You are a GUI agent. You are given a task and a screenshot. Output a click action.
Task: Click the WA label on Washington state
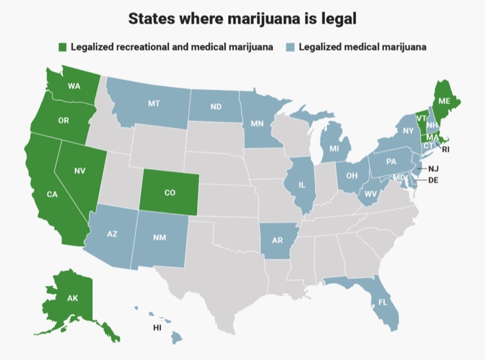point(73,87)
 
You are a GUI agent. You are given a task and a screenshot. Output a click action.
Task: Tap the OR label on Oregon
point(63,121)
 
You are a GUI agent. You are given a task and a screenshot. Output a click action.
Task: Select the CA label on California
point(52,194)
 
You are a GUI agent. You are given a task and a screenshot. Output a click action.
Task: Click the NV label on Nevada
point(80,171)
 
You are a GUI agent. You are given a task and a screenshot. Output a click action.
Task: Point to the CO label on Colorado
point(170,193)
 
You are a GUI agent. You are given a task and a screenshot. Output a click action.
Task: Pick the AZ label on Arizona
point(112,234)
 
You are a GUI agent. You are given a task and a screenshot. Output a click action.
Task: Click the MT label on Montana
point(154,104)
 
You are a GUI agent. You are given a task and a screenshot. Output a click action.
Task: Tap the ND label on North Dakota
point(216,107)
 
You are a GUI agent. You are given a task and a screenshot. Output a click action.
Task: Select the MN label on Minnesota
point(257,123)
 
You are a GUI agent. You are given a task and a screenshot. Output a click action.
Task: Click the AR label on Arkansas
point(277,241)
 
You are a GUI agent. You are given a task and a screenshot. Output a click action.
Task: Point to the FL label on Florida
point(382,303)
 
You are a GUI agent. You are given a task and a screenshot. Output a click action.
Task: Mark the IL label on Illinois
point(302,186)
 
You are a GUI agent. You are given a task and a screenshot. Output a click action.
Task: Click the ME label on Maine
point(444,101)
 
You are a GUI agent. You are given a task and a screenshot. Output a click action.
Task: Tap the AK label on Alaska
point(72,298)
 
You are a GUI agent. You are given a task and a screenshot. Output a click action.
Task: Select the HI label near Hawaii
point(157,327)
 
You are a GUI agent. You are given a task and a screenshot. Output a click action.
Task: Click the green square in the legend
point(63,47)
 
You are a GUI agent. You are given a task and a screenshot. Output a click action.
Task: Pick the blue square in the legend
point(290,47)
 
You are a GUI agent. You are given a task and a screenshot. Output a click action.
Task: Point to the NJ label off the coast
point(433,169)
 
